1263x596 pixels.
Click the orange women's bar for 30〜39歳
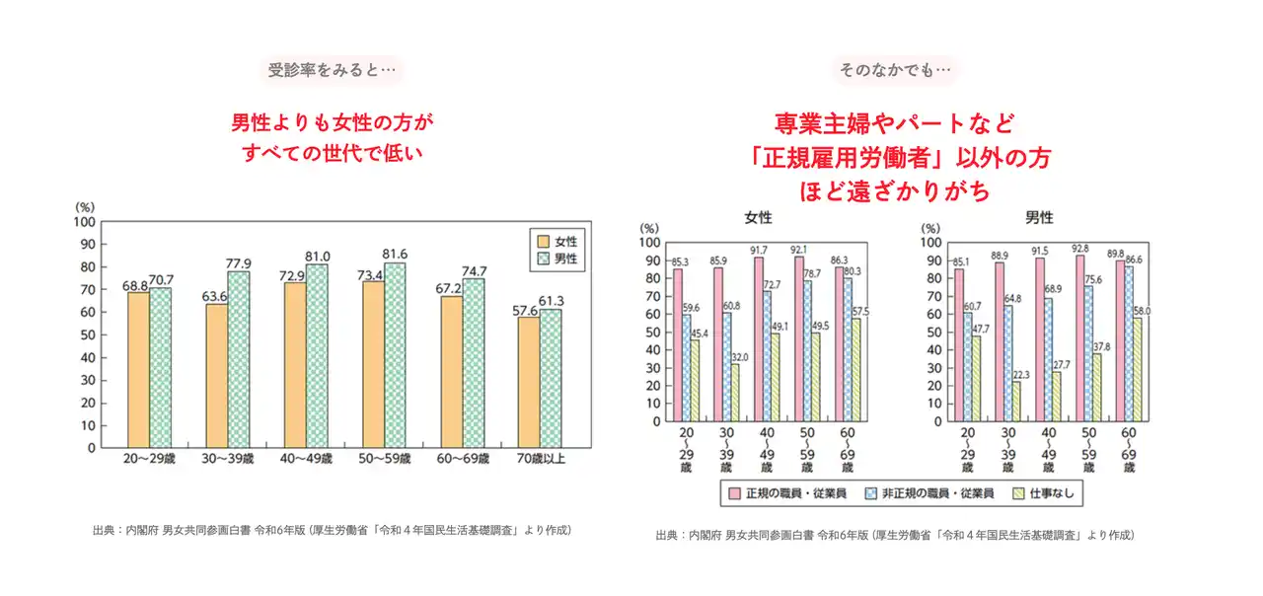pyautogui.click(x=216, y=376)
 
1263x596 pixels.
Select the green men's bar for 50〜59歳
pyautogui.click(x=396, y=355)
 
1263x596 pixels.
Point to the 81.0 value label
pyautogui.click(x=318, y=256)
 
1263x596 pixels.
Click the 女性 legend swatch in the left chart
pyautogui.click(x=541, y=241)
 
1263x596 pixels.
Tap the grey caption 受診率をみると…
pyautogui.click(x=332, y=70)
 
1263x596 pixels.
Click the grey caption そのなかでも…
pyautogui.click(x=895, y=70)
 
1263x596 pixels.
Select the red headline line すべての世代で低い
pyautogui.click(x=332, y=153)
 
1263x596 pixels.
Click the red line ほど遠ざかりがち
pyautogui.click(x=895, y=190)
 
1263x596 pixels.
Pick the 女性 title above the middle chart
pyautogui.click(x=758, y=217)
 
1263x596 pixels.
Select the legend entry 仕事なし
pyautogui.click(x=1054, y=491)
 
